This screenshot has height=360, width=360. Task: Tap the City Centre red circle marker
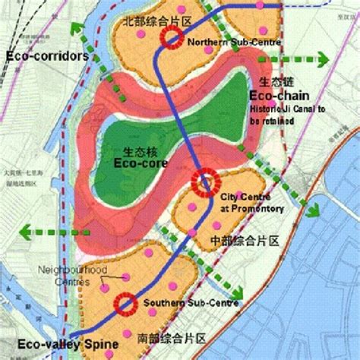[x=204, y=182]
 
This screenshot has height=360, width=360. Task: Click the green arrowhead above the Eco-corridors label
[x=75, y=29]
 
